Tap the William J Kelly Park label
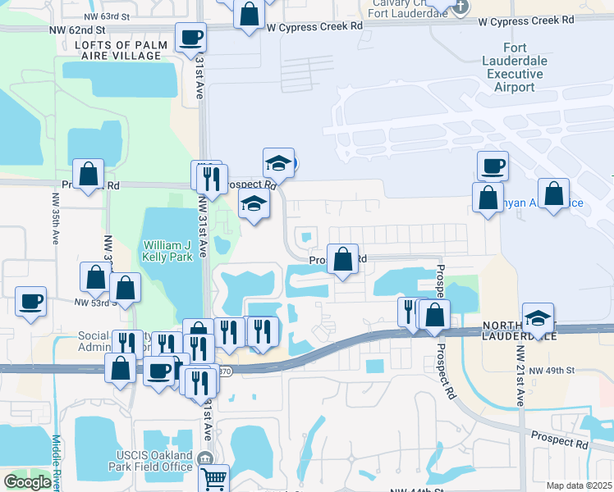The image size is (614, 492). (168, 251)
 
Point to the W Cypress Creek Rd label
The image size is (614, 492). (315, 26)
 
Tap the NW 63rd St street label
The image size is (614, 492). (108, 16)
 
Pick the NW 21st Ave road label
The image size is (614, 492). (520, 376)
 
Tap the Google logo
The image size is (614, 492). (27, 482)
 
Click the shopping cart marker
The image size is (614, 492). (213, 477)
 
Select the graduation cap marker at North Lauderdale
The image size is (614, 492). (538, 317)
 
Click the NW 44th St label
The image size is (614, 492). (410, 490)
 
